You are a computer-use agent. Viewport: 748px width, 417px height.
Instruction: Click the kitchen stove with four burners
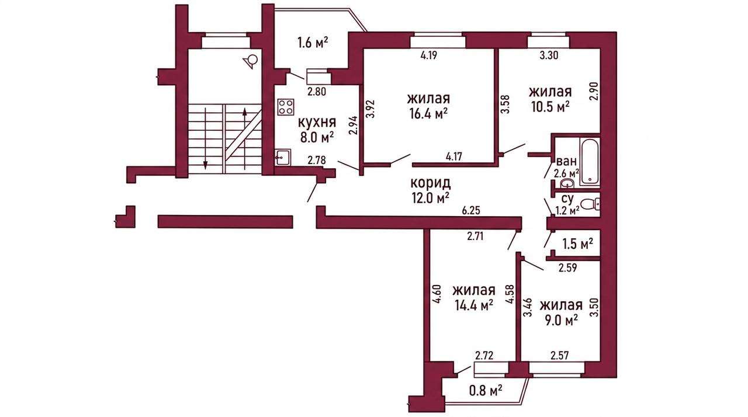(x=286, y=107)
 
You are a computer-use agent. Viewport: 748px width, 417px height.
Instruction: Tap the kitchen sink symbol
(x=283, y=157)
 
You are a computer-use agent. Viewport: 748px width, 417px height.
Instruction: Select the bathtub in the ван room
(x=590, y=161)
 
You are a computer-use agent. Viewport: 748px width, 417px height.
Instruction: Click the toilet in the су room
(x=590, y=204)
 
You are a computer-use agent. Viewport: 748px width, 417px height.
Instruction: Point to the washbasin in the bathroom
(x=567, y=183)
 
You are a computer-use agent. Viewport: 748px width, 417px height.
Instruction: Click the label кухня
(x=317, y=123)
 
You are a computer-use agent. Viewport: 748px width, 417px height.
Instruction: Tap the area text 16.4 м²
(x=428, y=114)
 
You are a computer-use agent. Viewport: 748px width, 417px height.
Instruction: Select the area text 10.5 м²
(x=550, y=107)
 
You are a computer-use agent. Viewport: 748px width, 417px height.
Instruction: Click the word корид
(x=431, y=183)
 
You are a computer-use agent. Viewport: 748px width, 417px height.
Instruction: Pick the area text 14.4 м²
(x=474, y=305)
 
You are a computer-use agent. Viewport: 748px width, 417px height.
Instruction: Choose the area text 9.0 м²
(x=562, y=321)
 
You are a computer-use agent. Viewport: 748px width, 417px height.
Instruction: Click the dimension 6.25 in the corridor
(x=471, y=210)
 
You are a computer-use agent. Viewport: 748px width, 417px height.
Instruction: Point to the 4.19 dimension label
(x=428, y=55)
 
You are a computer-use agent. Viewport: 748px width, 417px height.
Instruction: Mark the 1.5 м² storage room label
(x=577, y=244)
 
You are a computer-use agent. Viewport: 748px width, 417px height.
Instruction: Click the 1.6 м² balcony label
(x=312, y=43)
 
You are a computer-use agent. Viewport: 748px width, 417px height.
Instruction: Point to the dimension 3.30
(x=549, y=55)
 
